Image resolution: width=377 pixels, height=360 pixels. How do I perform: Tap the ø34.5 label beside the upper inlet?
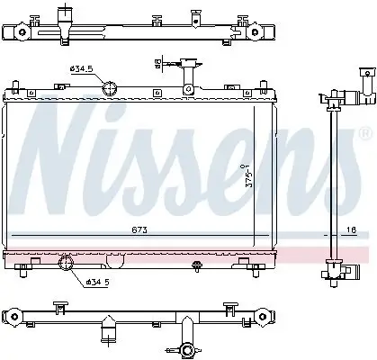83,68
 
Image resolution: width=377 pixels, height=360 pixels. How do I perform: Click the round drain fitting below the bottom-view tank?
187,350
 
